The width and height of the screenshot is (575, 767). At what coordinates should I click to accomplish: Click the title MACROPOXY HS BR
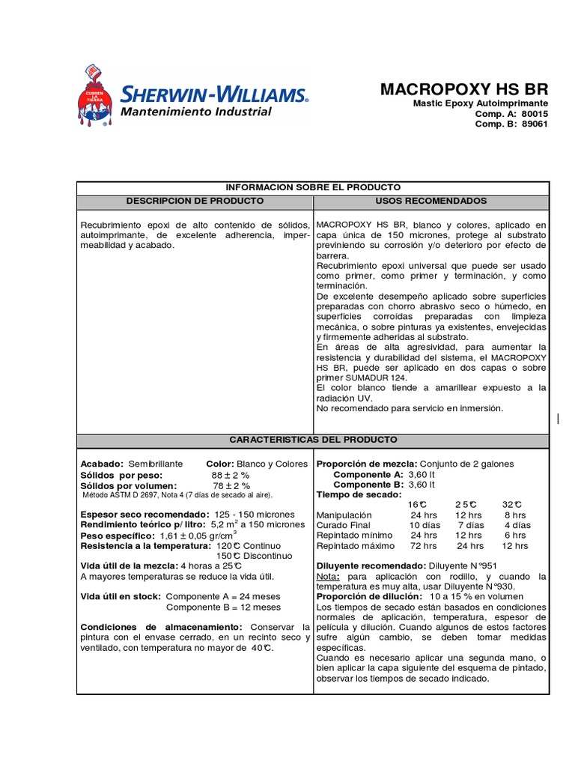[464, 89]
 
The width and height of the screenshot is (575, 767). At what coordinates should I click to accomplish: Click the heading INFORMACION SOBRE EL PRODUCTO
[313, 187]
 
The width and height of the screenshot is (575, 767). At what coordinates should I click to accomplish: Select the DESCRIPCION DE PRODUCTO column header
[195, 201]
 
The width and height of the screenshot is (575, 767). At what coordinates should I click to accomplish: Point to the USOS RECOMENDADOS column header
[431, 201]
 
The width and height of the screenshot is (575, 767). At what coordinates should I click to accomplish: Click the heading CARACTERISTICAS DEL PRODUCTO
[313, 440]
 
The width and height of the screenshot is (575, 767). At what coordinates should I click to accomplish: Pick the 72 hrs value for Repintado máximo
[424, 547]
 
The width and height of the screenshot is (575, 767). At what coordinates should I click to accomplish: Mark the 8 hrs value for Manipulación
[515, 515]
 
